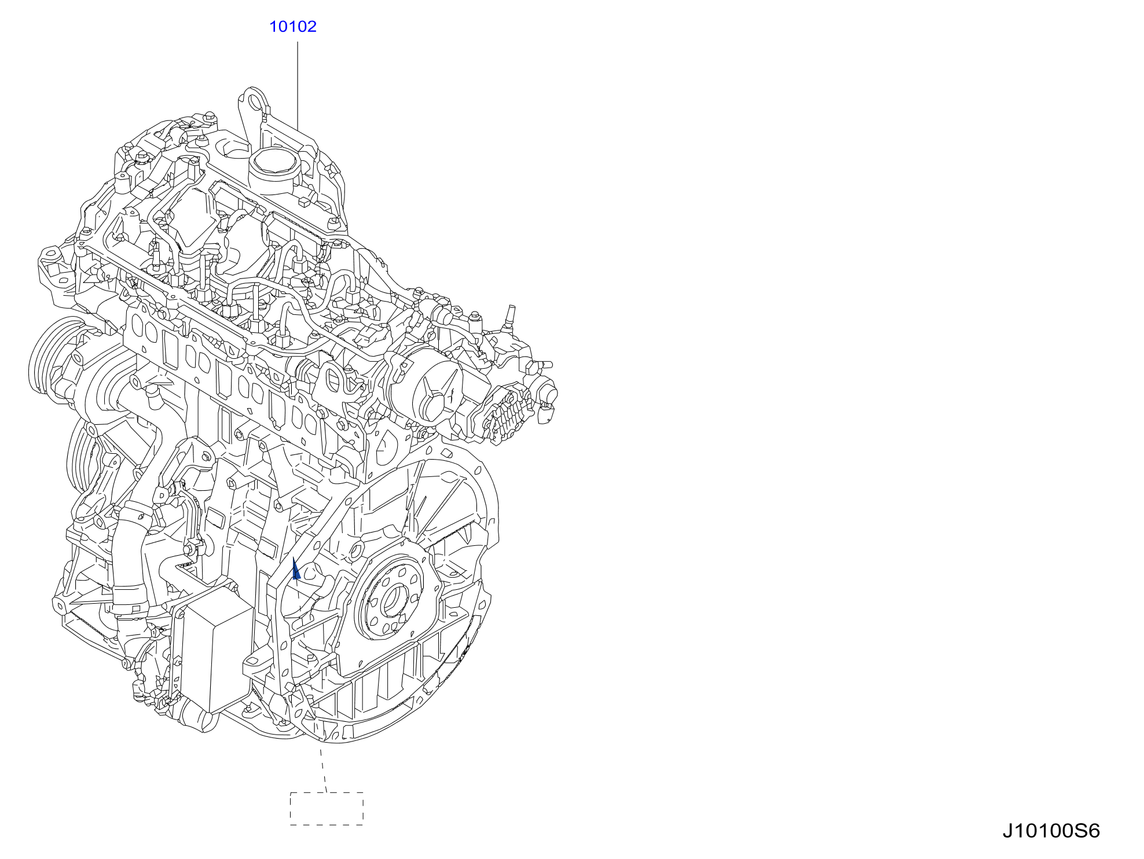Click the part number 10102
[x=293, y=27]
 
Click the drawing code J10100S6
[x=1051, y=831]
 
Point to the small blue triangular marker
[x=296, y=569]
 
